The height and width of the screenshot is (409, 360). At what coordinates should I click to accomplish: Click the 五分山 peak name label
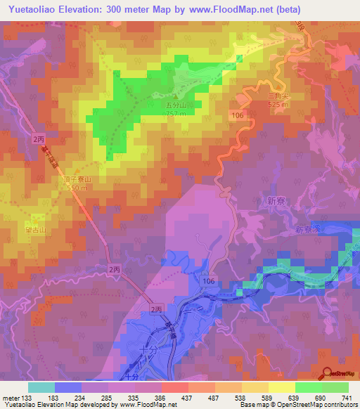(x=176, y=106)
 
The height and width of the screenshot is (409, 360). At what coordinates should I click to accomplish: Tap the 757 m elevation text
(x=176, y=114)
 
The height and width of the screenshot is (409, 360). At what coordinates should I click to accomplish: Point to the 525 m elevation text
(x=278, y=105)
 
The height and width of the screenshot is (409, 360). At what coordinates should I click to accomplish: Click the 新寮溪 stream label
(x=307, y=230)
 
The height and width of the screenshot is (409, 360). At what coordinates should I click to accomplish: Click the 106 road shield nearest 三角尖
(x=237, y=114)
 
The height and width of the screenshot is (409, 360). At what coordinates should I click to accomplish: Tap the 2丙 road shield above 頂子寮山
(x=37, y=139)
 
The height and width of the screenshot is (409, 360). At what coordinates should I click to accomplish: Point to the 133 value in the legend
(x=27, y=398)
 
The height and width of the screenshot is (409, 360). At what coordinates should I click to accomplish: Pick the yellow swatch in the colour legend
(x=282, y=387)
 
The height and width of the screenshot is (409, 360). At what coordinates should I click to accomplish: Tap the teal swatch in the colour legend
(x=41, y=387)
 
